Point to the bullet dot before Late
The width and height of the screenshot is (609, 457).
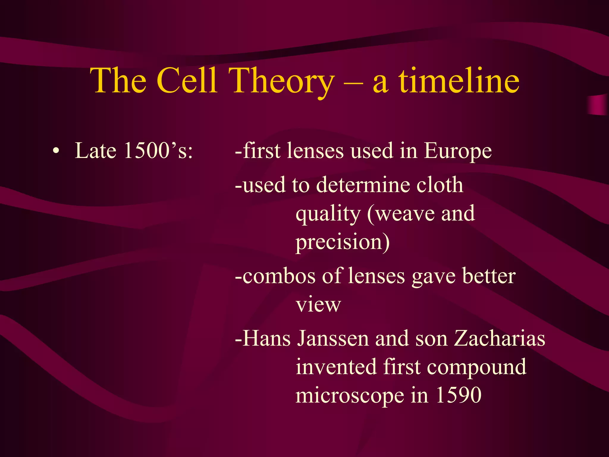click(x=55, y=151)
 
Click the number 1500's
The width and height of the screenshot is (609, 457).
click(x=158, y=151)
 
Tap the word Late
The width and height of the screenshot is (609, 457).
click(x=95, y=151)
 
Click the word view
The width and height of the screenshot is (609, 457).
click(x=318, y=305)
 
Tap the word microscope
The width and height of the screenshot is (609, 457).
click(x=350, y=396)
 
